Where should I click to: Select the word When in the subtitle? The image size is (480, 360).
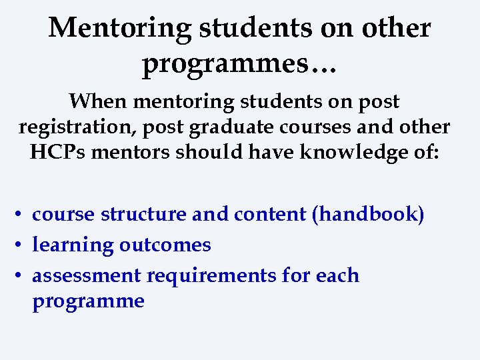tap(98, 102)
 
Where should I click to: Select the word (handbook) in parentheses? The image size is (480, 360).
tap(371, 215)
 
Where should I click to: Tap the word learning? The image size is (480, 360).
tap(73, 245)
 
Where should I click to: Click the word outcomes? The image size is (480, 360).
tap(165, 245)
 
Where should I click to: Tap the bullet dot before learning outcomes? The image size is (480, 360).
tap(21, 245)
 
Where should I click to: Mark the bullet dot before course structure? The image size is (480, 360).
tap(21, 215)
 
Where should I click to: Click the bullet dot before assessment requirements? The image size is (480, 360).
tap(21, 276)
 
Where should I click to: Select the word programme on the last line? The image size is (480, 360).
tap(88, 301)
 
